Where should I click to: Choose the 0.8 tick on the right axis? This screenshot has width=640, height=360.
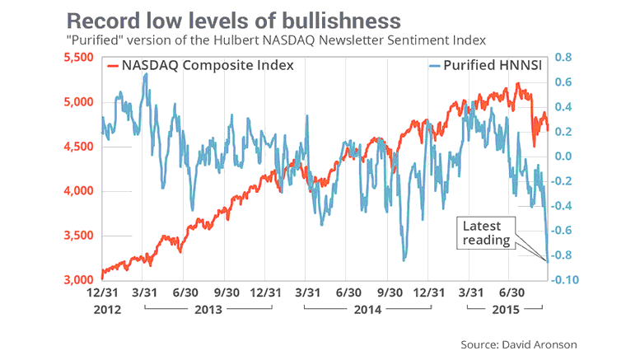[563, 58]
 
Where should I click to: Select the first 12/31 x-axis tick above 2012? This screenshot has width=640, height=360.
[108, 292]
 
